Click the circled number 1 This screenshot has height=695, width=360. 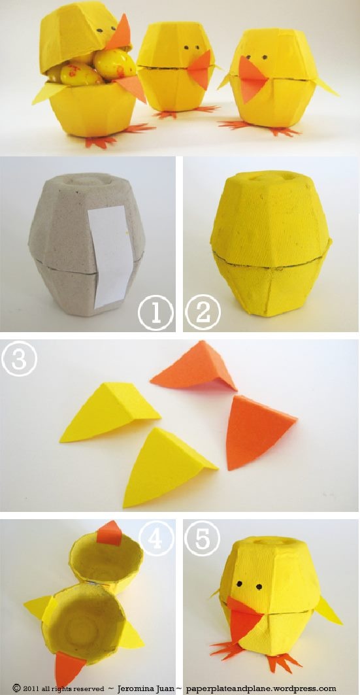(155, 313)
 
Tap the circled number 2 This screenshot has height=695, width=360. (203, 313)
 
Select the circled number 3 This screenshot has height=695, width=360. (19, 358)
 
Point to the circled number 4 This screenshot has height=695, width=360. (156, 538)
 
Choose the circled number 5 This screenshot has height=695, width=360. (203, 538)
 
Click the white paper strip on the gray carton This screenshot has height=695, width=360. (108, 256)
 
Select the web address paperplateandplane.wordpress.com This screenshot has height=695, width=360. (261, 689)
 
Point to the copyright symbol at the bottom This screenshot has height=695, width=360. (16, 688)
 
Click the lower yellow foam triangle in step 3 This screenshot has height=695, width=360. (167, 467)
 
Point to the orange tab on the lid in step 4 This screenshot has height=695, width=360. (109, 534)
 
